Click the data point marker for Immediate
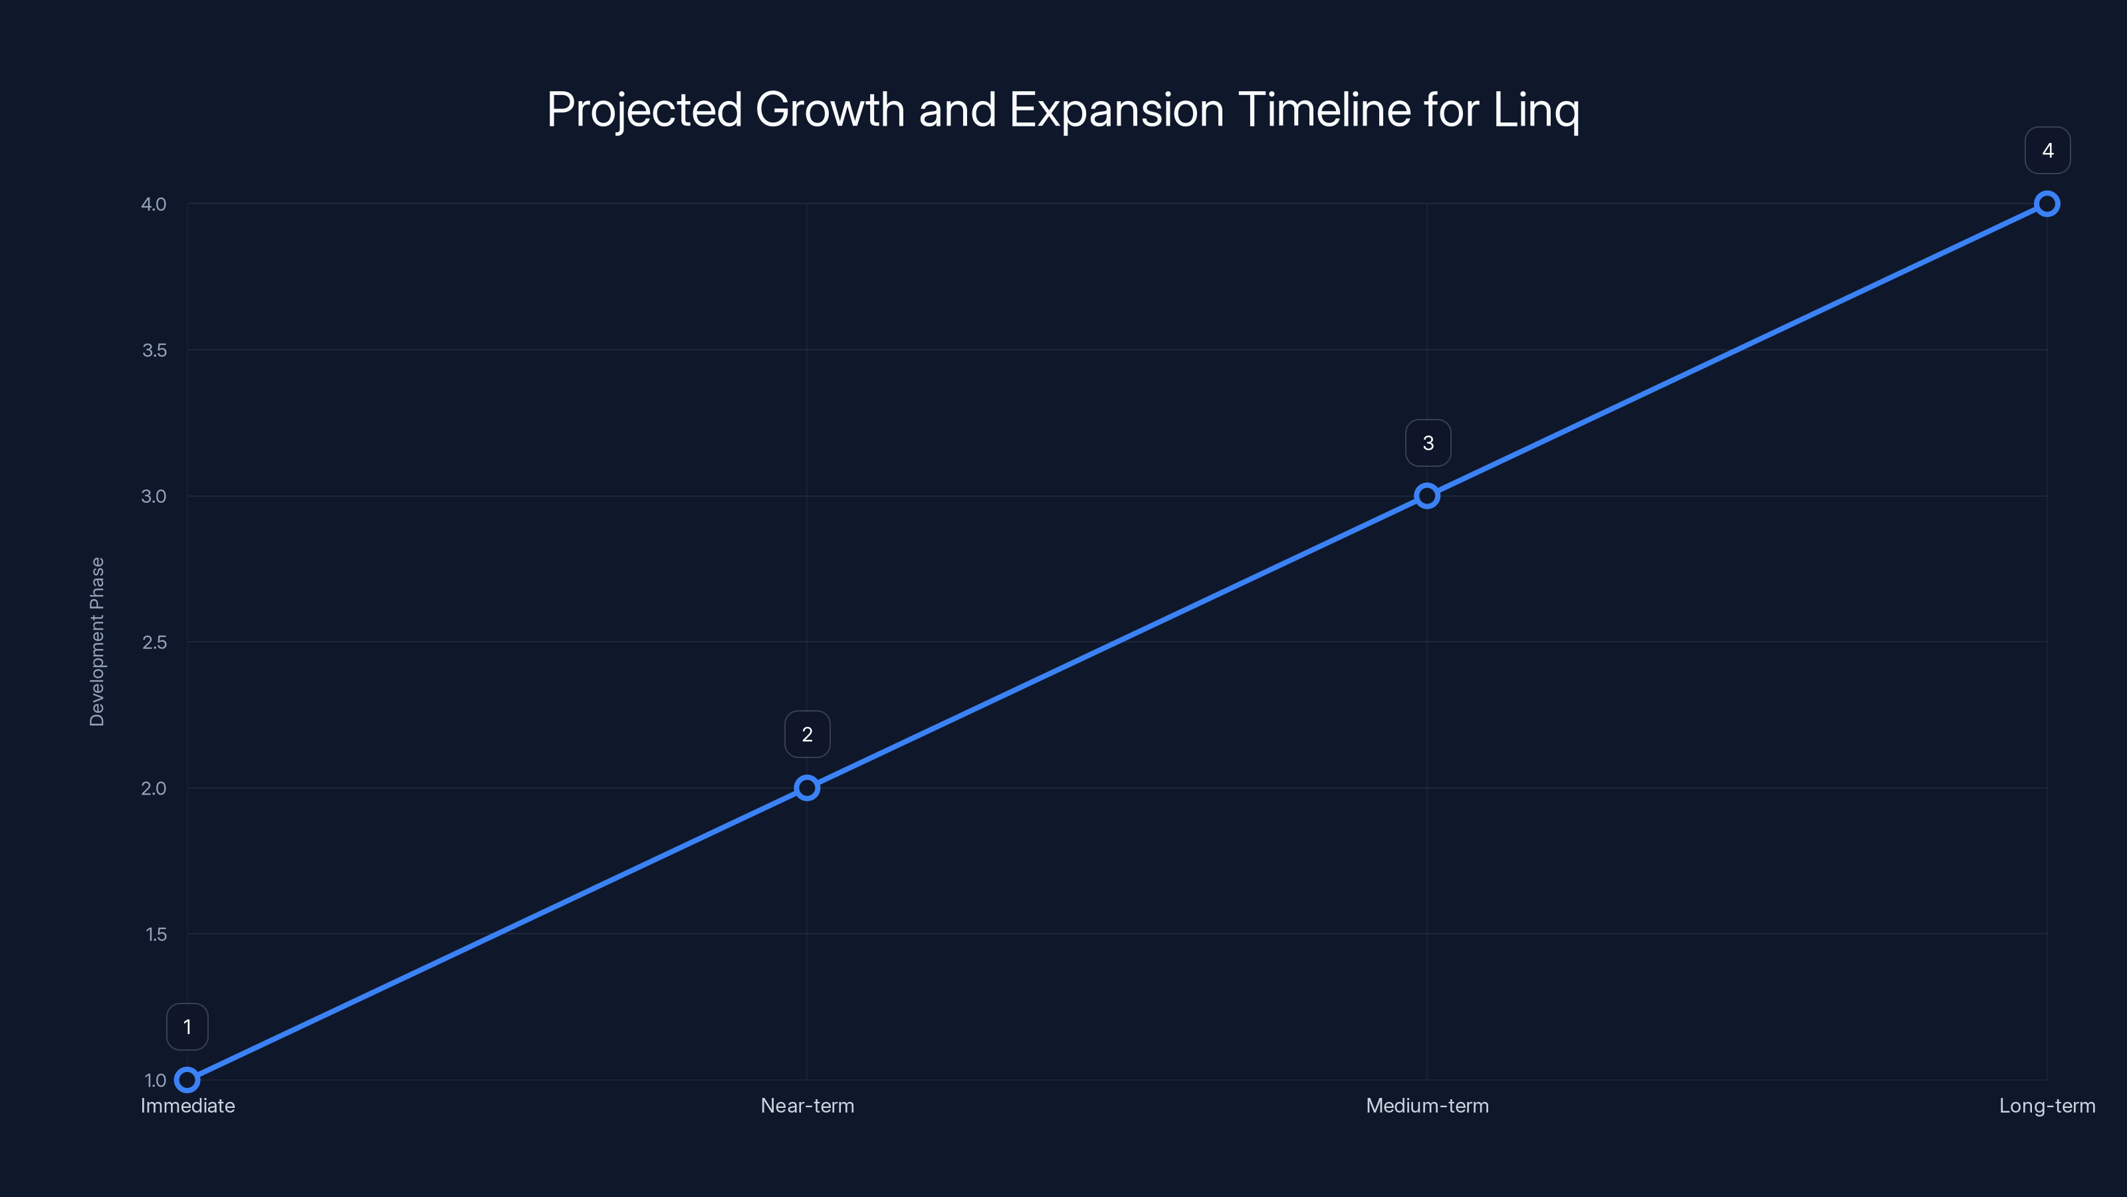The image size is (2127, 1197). tap(187, 1080)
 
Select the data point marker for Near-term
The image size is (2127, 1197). tap(807, 788)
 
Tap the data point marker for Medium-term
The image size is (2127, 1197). tap(1427, 495)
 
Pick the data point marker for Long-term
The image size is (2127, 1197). tap(2047, 204)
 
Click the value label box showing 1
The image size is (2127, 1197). tap(187, 1027)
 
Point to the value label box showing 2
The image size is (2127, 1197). tap(807, 734)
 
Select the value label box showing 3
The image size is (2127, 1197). tap(1428, 443)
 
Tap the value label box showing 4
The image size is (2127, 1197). tap(2047, 150)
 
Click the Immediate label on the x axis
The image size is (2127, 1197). tap(187, 1106)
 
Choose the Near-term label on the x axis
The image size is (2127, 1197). tap(807, 1106)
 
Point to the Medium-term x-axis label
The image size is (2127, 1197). tap(1427, 1106)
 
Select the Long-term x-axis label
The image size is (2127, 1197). tap(2047, 1106)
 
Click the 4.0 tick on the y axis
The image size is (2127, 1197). tap(154, 204)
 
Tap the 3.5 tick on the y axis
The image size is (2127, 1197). tap(154, 350)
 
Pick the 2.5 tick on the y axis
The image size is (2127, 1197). tap(154, 642)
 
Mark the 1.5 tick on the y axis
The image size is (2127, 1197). tap(156, 934)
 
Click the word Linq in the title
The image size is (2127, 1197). tap(1536, 110)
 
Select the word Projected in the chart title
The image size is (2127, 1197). tap(644, 110)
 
